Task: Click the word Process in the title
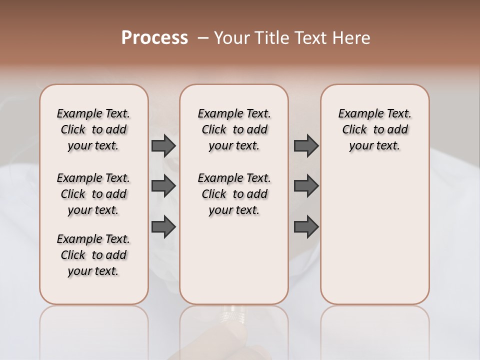(x=154, y=38)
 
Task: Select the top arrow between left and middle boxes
(x=163, y=146)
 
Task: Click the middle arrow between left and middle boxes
(x=163, y=186)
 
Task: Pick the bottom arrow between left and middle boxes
(x=163, y=226)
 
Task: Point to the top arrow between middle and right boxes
(x=306, y=146)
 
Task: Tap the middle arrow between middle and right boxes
(x=306, y=186)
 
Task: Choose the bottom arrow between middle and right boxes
(x=306, y=226)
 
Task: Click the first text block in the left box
(x=93, y=129)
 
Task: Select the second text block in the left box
(x=93, y=194)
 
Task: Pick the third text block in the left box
(x=93, y=255)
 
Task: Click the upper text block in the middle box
(x=234, y=129)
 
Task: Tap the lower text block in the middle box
(x=234, y=194)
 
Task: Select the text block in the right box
(x=374, y=129)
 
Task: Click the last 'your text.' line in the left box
(x=93, y=271)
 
